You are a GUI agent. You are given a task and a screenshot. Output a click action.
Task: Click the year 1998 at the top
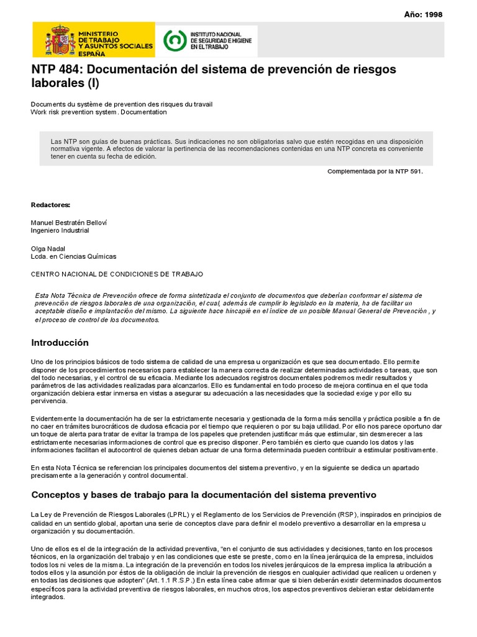tap(433, 15)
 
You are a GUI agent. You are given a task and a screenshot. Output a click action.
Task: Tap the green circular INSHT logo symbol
tap(174, 40)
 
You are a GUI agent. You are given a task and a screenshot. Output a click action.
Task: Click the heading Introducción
tap(60, 343)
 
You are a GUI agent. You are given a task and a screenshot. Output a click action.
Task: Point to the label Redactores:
tap(50, 205)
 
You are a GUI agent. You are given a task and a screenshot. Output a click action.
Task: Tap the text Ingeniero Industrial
tap(60, 230)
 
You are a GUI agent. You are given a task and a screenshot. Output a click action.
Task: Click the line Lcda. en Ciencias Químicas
tap(73, 256)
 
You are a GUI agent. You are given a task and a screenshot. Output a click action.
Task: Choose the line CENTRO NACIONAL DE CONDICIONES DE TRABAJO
tap(116, 274)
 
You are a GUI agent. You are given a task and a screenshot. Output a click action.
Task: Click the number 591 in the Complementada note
tap(415, 172)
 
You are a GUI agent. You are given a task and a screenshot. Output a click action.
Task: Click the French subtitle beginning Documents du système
tap(121, 105)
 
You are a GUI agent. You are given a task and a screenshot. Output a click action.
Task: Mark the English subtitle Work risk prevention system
tap(98, 113)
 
